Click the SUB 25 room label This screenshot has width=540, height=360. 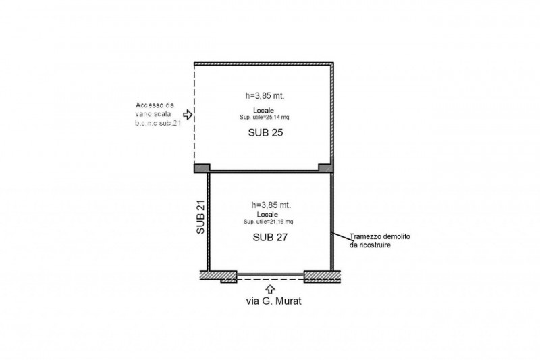(x=265, y=132)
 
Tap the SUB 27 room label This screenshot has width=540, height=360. (x=270, y=237)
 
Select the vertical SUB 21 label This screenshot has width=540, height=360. (x=200, y=217)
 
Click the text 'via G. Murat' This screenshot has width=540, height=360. (x=274, y=301)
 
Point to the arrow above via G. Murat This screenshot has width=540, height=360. (x=271, y=288)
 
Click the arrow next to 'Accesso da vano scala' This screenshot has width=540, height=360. (x=188, y=115)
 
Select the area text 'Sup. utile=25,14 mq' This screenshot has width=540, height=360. (x=265, y=117)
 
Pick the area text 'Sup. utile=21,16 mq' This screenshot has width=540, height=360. (x=268, y=222)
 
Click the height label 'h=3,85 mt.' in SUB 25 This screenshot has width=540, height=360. (x=265, y=96)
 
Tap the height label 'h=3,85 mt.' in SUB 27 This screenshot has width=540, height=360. (x=271, y=205)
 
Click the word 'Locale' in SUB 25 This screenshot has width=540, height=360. (x=263, y=111)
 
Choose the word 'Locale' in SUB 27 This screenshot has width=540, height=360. (x=267, y=215)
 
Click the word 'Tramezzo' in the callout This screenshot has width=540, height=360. (x=363, y=237)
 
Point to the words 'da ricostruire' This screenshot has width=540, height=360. (x=370, y=245)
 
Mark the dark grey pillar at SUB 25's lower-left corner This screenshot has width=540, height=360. (x=202, y=168)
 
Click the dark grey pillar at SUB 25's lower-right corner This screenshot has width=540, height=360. (x=325, y=168)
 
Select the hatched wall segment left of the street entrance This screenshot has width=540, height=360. (x=219, y=276)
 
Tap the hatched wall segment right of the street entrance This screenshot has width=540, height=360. (x=323, y=276)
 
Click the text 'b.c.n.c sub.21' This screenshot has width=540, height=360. (x=158, y=124)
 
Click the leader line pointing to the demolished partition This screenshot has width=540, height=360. (x=341, y=236)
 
